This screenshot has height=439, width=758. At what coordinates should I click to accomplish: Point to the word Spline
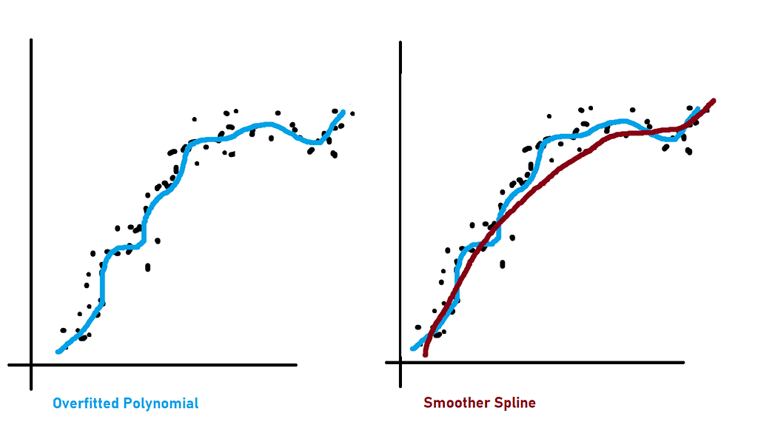[x=516, y=403]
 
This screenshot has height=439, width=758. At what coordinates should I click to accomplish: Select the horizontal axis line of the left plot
[x=163, y=364]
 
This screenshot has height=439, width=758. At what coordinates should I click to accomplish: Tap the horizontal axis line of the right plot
[x=540, y=362]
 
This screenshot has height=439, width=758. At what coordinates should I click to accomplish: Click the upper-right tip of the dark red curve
[x=714, y=100]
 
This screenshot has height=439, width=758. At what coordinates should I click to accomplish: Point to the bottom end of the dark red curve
[x=426, y=355]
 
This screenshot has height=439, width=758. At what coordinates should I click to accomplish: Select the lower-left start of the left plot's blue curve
[x=58, y=351]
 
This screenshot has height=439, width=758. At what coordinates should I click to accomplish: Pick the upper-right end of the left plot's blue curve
[x=343, y=113]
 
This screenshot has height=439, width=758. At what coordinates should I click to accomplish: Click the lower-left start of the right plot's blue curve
[x=413, y=348]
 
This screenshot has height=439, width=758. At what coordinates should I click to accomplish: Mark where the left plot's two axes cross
[x=31, y=364]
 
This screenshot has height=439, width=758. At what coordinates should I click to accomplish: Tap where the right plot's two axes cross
[x=400, y=362]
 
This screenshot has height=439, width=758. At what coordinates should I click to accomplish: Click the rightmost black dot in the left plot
[x=352, y=113]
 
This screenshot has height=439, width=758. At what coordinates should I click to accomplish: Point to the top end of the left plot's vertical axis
[x=31, y=41]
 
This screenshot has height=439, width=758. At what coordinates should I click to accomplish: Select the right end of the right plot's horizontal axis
[x=682, y=362]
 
